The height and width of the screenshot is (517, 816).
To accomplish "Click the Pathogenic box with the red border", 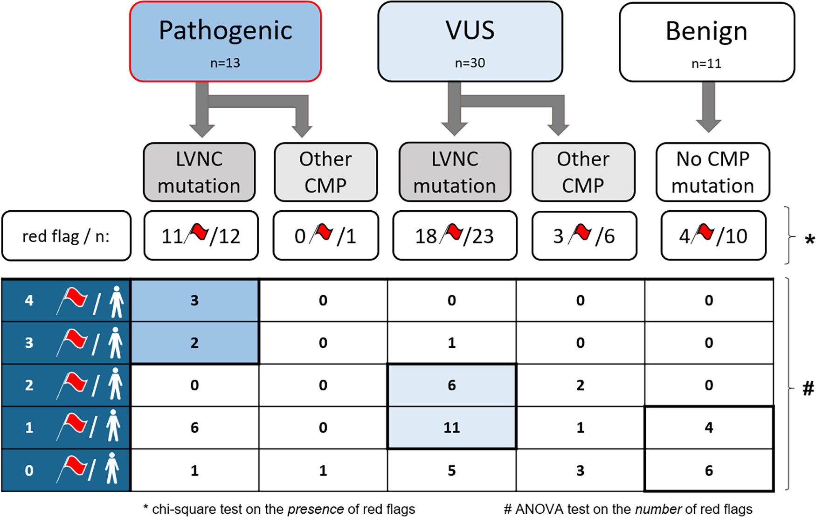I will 225,42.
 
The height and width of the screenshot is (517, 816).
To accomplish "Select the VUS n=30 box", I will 470,42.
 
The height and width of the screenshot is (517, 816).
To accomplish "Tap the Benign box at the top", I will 706,42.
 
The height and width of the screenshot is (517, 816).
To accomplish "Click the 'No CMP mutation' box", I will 712,172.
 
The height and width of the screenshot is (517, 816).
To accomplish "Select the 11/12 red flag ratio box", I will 201,236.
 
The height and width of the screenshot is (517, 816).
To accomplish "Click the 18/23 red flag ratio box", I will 455,236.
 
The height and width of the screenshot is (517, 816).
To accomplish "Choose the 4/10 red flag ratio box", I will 713,236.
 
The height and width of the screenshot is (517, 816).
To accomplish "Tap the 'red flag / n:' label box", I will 66,236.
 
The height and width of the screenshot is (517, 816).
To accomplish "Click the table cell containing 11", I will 451,427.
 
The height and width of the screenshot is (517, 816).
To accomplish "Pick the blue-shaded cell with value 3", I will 194,300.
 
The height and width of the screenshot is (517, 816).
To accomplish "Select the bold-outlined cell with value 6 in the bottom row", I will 708,470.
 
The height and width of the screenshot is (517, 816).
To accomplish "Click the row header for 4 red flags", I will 65,300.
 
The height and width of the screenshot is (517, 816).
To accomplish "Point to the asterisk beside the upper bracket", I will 809,241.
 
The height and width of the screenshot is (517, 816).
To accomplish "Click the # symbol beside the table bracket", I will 808,388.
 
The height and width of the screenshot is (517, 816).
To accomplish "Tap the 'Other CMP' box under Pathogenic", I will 325,172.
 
